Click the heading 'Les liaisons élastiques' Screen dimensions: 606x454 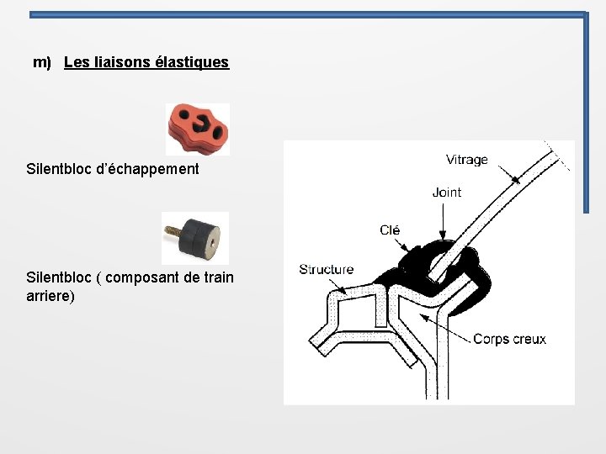click(146, 62)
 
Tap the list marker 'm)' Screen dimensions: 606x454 click(42, 62)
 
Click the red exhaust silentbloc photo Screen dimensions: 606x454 click(198, 129)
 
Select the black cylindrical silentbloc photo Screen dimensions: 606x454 click(195, 238)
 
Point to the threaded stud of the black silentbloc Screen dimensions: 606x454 click(173, 233)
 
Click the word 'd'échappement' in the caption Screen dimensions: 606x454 click(147, 169)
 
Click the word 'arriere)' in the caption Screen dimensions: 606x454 click(50, 296)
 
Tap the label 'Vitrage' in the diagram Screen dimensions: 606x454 click(467, 160)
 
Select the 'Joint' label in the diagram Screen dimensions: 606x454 click(447, 193)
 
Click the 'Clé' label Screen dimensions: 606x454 click(390, 230)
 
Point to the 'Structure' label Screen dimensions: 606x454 click(327, 269)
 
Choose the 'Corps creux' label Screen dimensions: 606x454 click(509, 339)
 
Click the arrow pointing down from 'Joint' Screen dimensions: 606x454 click(443, 221)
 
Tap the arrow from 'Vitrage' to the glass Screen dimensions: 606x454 click(509, 175)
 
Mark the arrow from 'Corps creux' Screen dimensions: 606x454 click(445, 328)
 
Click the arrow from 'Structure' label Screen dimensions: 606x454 click(338, 286)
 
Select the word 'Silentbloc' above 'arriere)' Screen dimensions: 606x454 click(59, 277)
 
